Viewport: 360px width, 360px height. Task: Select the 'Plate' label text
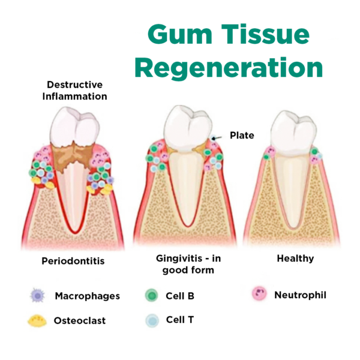pos(242,136)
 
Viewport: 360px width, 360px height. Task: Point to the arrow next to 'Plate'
pos(218,137)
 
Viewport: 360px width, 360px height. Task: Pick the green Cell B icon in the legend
pos(151,296)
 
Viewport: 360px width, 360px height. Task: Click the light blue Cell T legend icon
pos(151,320)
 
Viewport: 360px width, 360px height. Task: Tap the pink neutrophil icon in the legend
pos(259,295)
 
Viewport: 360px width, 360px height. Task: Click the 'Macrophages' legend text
pos(87,296)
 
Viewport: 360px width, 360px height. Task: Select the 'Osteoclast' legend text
pos(80,321)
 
